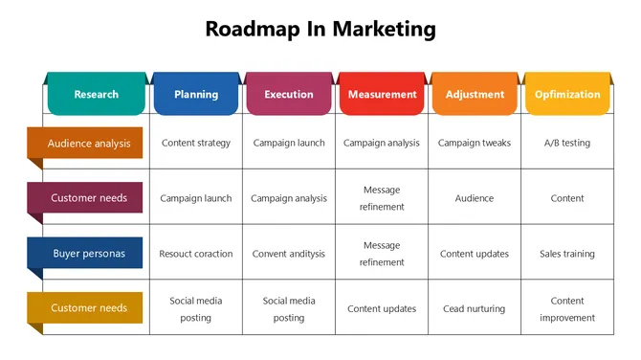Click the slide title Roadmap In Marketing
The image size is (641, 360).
(x=320, y=29)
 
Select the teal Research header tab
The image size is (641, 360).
(x=96, y=94)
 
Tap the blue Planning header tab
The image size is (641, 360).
(x=195, y=94)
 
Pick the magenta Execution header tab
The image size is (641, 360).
(x=288, y=94)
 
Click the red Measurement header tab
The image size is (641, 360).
(x=382, y=94)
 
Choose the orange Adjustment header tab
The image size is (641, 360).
(x=475, y=94)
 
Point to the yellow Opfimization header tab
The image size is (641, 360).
(x=567, y=94)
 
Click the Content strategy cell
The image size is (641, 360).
(x=196, y=144)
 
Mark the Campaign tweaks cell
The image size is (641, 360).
(x=475, y=144)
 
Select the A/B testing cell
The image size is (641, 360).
(x=567, y=144)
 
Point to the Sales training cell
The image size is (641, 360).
(x=567, y=254)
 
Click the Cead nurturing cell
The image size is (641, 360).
(x=475, y=309)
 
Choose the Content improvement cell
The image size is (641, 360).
(x=567, y=309)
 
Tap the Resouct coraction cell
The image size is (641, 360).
(x=196, y=254)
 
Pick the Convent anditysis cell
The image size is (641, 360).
(x=289, y=254)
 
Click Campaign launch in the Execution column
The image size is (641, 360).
(x=289, y=144)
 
